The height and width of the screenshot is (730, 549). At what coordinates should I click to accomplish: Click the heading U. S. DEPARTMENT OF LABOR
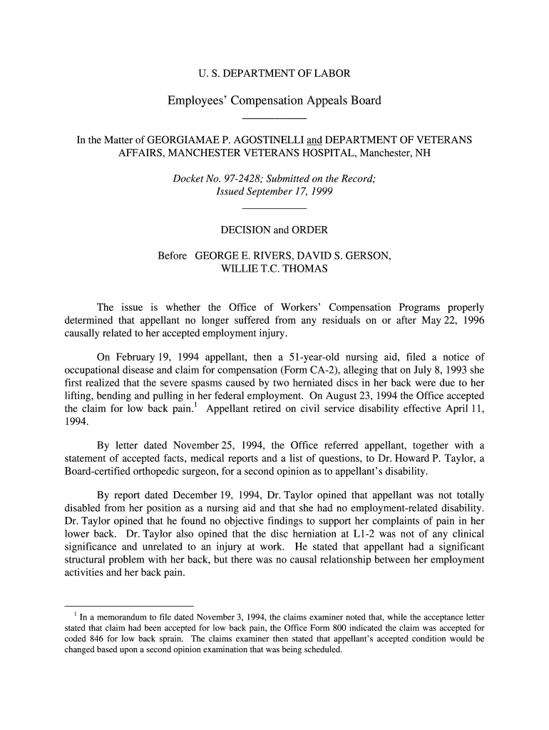[x=274, y=73]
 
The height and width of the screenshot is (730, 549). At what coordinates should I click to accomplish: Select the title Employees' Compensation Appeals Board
[x=274, y=101]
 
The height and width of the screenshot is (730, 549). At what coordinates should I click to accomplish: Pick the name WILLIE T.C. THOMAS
[x=274, y=269]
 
